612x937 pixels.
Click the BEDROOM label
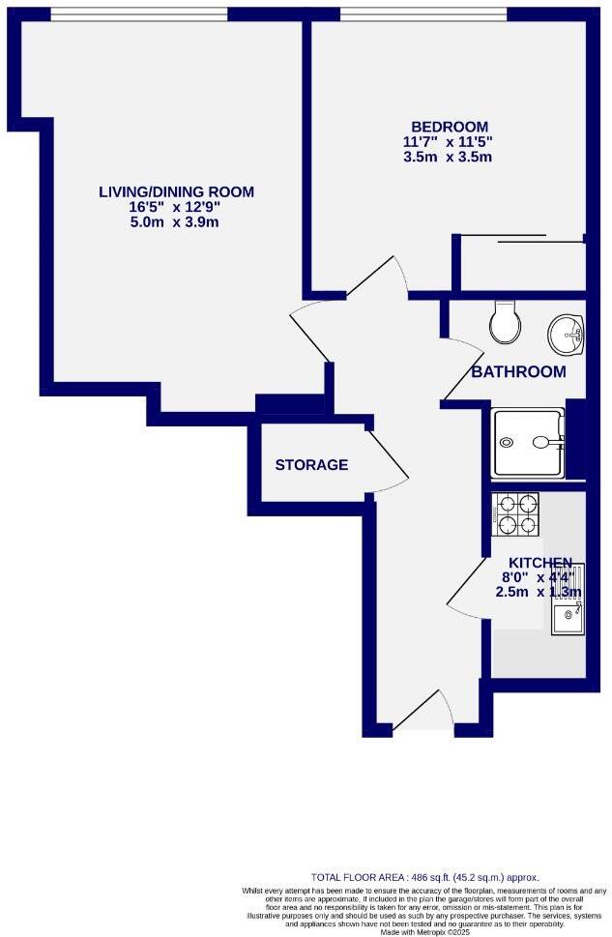[449, 127]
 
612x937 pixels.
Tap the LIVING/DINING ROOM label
[177, 191]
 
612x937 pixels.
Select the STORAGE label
[311, 465]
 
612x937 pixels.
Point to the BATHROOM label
[518, 372]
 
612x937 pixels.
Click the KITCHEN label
[540, 563]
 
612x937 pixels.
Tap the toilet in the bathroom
[504, 323]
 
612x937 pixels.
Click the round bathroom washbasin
[566, 335]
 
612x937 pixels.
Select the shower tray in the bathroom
[528, 443]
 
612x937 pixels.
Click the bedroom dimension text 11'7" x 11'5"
[449, 141]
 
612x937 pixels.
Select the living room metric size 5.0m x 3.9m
[177, 222]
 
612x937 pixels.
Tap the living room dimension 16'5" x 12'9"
[177, 207]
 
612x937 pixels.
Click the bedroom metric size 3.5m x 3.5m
[449, 157]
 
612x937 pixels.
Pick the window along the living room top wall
[139, 14]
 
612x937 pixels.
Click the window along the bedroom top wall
[423, 14]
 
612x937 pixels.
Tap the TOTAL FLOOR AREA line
[424, 876]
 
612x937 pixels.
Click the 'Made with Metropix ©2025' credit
[424, 930]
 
